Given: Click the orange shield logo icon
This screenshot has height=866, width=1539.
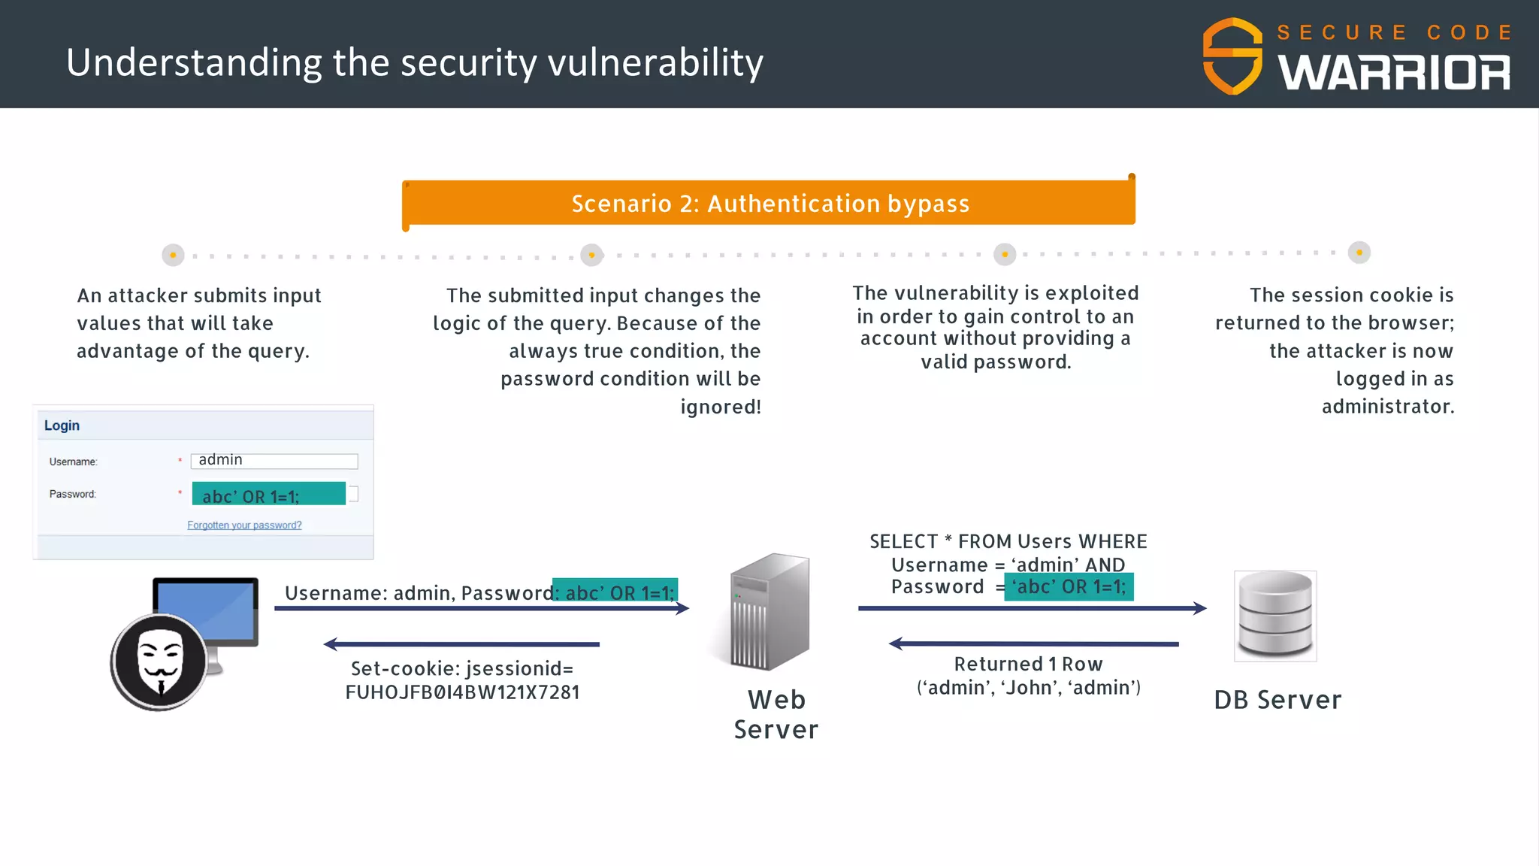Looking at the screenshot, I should pos(1232,56).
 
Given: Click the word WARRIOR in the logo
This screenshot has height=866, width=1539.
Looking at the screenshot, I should pos(1394,73).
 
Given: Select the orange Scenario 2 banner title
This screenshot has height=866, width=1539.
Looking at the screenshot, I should pos(769,203).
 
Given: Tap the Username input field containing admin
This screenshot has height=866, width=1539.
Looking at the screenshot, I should pos(274,461).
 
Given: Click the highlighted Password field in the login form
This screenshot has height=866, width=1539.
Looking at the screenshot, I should pos(268,494).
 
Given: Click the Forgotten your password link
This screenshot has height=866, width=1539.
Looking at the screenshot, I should pos(244,525).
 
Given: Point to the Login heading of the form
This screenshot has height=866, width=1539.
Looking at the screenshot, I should pos(62,425).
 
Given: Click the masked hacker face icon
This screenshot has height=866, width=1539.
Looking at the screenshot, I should pos(160,662).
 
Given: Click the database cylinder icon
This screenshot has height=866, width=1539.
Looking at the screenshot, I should pos(1275,614).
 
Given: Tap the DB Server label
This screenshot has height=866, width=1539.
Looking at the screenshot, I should pos(1277,700).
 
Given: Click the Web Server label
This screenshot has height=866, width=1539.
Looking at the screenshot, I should pos(776,714).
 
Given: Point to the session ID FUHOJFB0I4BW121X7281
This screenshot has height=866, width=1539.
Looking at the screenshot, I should pos(462,692).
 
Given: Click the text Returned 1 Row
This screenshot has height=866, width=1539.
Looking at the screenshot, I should pos(1028,664).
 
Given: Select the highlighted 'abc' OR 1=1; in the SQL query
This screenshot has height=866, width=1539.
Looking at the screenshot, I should pos(1069,586).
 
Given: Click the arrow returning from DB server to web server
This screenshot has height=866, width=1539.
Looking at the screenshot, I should pos(1034,643).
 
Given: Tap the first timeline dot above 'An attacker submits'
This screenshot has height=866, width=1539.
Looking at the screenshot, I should pos(173,255).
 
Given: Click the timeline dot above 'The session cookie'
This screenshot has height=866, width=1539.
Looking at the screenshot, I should pos(1359,253).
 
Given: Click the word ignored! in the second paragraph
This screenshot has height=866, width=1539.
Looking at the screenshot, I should pos(720,407).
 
